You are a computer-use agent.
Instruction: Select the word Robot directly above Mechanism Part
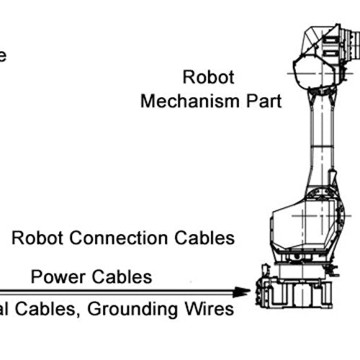[209, 76]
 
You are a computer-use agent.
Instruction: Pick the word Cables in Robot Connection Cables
[209, 238]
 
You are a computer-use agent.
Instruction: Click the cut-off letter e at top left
[3, 56]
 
